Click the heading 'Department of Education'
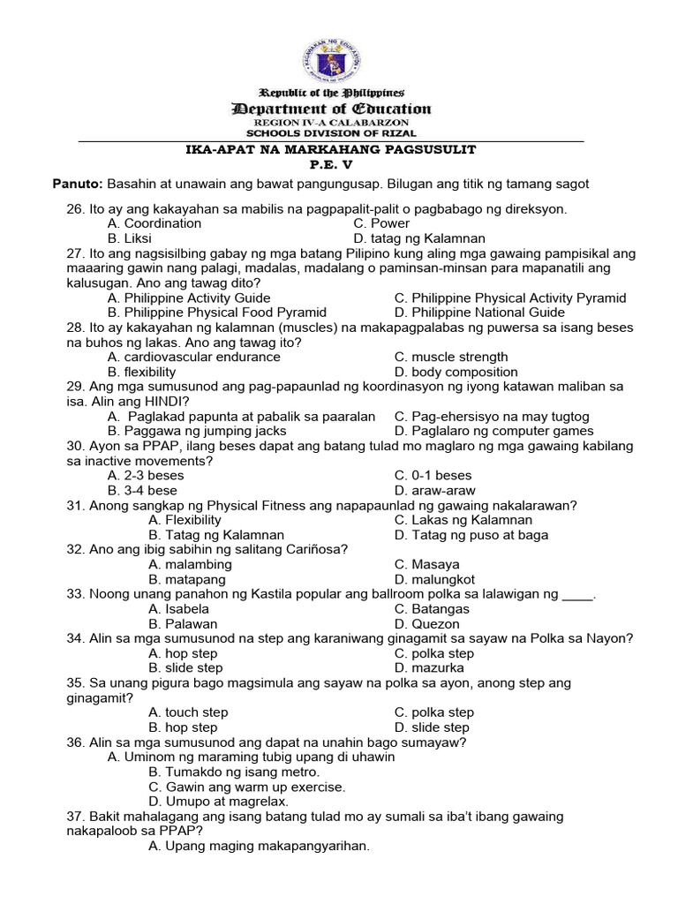click(x=331, y=109)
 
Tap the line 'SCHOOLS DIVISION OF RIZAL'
click(x=331, y=132)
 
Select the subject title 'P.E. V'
click(x=331, y=165)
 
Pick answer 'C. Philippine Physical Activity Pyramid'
click(x=510, y=298)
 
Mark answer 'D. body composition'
click(x=456, y=372)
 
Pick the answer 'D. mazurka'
click(x=428, y=668)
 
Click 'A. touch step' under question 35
click(x=188, y=712)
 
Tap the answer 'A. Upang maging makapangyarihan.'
click(x=259, y=846)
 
